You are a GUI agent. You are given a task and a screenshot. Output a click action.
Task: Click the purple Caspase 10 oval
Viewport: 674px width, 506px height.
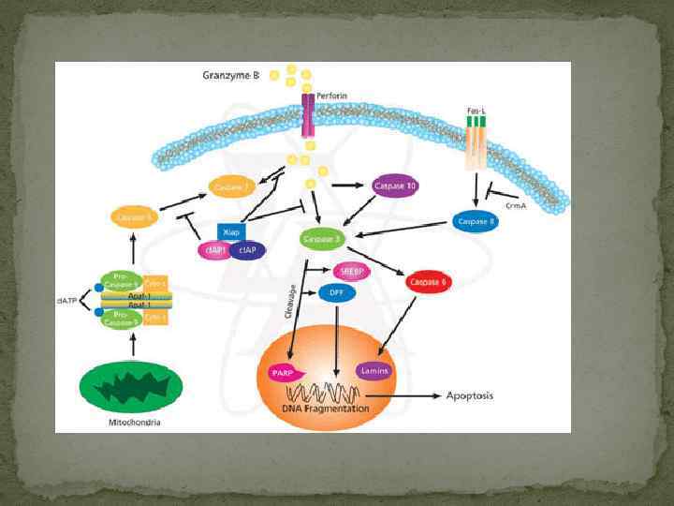coord(394,186)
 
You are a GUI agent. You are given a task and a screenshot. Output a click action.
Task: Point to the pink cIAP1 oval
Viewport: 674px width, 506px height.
coord(213,250)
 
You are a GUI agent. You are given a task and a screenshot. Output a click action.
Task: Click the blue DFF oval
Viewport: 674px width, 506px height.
coord(337,292)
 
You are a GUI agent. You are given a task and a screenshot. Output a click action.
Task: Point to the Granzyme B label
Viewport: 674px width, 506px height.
coord(230,74)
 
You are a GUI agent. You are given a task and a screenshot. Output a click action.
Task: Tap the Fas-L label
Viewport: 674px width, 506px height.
coord(476,111)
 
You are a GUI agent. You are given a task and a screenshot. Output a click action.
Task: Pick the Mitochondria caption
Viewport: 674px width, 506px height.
coord(136,423)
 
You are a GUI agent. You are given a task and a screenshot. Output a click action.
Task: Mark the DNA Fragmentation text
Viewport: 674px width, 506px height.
coord(323,409)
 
